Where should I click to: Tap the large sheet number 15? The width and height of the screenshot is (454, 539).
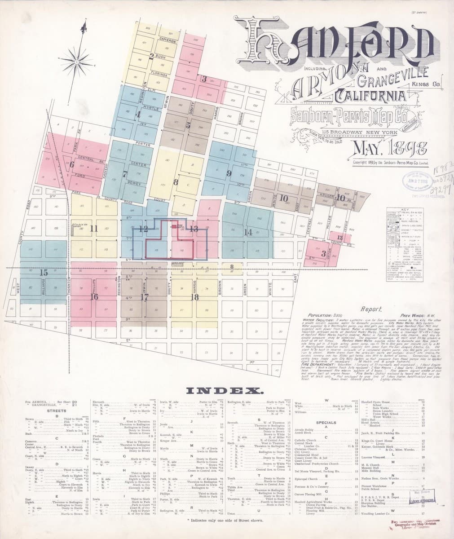point(44,272)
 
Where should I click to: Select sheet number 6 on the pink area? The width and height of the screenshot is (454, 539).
point(71,164)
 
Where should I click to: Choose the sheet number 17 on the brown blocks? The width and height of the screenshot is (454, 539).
point(144,297)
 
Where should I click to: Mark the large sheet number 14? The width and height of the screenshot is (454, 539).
point(248,232)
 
